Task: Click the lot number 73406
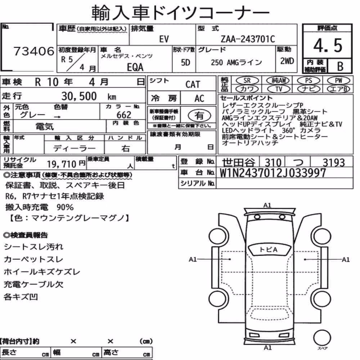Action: [34, 51]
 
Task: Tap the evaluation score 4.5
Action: [328, 45]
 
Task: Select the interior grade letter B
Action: [340, 66]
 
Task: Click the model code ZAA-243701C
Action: [248, 39]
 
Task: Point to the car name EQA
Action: [135, 67]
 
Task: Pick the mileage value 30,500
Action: [79, 96]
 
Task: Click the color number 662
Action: [124, 114]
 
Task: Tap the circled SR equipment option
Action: [247, 80]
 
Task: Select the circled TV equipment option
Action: [279, 89]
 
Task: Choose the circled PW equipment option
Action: [338, 80]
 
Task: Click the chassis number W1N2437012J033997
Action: [273, 173]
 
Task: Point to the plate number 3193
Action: [334, 163]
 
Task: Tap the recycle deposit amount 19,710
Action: [62, 164]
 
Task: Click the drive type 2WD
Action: [287, 61]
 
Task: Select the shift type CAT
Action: [193, 84]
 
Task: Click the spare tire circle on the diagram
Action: [322, 338]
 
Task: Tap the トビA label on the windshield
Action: [269, 249]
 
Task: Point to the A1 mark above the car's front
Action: [267, 205]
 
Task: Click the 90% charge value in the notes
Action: [65, 207]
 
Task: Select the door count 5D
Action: [185, 62]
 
